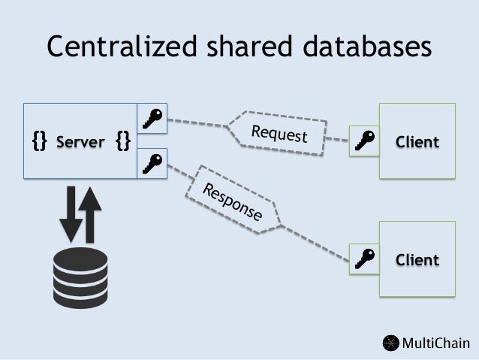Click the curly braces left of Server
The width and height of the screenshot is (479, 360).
(x=39, y=141)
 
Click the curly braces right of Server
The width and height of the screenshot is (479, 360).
(x=123, y=141)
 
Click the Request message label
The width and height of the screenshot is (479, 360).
(x=279, y=133)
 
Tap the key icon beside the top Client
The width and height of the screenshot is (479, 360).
(x=366, y=142)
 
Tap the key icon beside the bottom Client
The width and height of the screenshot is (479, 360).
(x=366, y=259)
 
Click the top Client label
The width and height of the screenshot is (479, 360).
(x=417, y=142)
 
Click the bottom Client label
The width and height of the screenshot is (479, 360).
(x=417, y=260)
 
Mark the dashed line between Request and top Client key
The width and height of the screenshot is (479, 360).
(x=340, y=140)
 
